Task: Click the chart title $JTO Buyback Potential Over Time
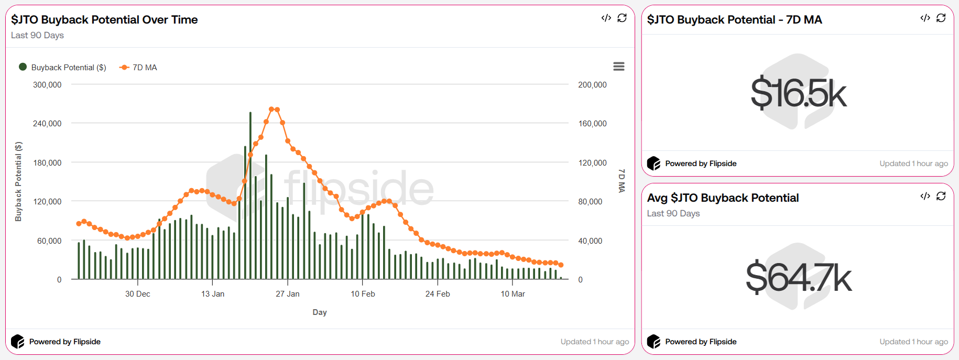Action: point(104,20)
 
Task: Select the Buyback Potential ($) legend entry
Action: point(63,68)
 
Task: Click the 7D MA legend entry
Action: point(139,68)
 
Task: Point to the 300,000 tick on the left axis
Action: point(47,85)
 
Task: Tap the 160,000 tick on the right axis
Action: point(592,124)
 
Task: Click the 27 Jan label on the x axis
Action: point(288,294)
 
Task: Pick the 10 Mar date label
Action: point(513,294)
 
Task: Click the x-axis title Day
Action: point(320,312)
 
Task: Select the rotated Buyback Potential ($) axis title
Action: point(18,181)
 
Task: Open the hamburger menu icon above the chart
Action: point(619,67)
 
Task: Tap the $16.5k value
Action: point(798,94)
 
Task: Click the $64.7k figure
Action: point(798,278)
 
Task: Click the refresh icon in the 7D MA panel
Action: point(941,18)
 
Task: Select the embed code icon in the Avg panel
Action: point(925,196)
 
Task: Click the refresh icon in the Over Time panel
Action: point(622,18)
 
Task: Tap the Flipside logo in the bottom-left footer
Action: point(18,342)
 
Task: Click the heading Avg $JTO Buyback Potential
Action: point(723,198)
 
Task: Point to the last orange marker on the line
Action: point(561,265)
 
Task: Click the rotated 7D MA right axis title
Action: point(622,181)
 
